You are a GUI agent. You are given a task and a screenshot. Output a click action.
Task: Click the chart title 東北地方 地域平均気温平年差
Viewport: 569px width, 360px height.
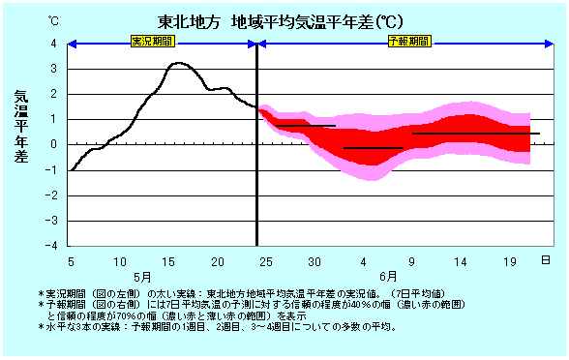tap(280, 21)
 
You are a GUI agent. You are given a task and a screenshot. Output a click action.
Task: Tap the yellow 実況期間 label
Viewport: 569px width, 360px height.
tap(161, 43)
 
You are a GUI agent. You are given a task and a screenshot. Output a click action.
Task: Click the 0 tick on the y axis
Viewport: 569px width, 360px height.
tap(55, 144)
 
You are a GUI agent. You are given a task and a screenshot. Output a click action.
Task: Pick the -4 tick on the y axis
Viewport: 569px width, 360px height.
tap(53, 246)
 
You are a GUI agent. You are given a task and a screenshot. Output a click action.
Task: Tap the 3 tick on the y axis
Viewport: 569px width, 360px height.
tap(55, 69)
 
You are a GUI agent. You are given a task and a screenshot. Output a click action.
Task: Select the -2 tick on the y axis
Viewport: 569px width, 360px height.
tap(53, 195)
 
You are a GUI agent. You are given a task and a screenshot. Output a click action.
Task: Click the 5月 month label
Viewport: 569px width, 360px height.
tap(141, 277)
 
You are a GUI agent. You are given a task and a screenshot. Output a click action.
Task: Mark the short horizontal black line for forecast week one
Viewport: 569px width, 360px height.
tap(306, 126)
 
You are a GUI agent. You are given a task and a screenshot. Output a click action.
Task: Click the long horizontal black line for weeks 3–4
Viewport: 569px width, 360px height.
tap(474, 134)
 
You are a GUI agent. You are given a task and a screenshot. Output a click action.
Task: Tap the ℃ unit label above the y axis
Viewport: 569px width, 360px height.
tap(54, 19)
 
